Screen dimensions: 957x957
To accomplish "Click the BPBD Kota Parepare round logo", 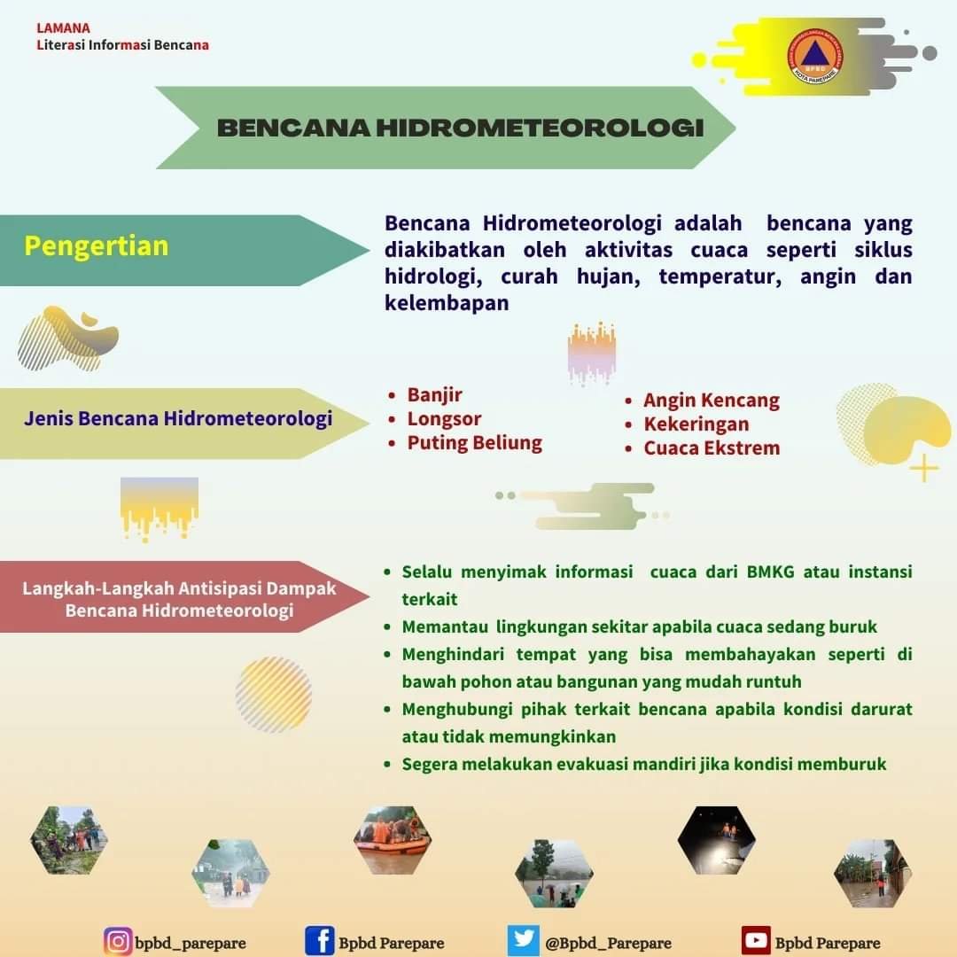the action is pyautogui.click(x=815, y=56).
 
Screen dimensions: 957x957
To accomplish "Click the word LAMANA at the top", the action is pyautogui.click(x=64, y=28).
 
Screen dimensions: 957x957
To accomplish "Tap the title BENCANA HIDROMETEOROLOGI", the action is pyautogui.click(x=460, y=128).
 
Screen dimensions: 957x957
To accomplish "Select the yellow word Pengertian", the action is pyautogui.click(x=97, y=246).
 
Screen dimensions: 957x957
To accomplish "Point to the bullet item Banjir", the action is pyautogui.click(x=434, y=395).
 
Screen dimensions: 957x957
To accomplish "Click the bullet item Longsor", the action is pyautogui.click(x=444, y=418).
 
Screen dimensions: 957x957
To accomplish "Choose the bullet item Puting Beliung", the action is pyautogui.click(x=474, y=443).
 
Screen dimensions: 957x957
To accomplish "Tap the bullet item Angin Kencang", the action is pyautogui.click(x=711, y=401).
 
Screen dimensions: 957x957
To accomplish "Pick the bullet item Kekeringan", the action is pyautogui.click(x=696, y=424).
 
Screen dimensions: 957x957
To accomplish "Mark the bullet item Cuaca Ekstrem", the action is pyautogui.click(x=712, y=448).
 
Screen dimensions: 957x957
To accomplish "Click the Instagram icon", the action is pyautogui.click(x=118, y=941).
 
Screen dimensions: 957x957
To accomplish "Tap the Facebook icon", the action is pyautogui.click(x=319, y=940).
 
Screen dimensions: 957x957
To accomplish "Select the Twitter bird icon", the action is pyautogui.click(x=523, y=940).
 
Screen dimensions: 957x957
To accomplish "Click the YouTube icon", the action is pyautogui.click(x=756, y=940).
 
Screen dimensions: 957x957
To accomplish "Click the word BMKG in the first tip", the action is pyautogui.click(x=770, y=572).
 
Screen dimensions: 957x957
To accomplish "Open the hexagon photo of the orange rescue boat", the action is pyautogui.click(x=393, y=840).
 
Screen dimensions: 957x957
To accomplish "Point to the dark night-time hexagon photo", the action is pyautogui.click(x=717, y=840).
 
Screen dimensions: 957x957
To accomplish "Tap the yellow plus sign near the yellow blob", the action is pyautogui.click(x=924, y=468).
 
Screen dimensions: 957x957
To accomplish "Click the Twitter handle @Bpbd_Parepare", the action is pyautogui.click(x=608, y=943).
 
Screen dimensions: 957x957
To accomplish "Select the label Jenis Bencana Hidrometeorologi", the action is pyautogui.click(x=178, y=418).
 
